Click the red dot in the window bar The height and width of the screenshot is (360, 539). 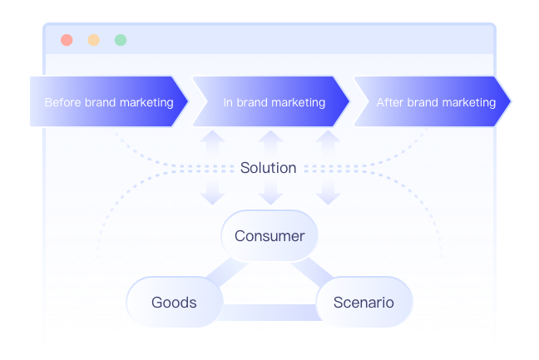pyautogui.click(x=67, y=40)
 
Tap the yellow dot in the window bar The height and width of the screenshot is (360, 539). pyautogui.click(x=93, y=40)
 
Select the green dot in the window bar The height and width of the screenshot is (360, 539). pyautogui.click(x=121, y=40)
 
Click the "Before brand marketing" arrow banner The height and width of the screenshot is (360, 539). pyautogui.click(x=109, y=101)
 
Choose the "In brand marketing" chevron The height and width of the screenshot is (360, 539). pyautogui.click(x=271, y=101)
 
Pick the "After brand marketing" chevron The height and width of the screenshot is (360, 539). pyautogui.click(x=433, y=101)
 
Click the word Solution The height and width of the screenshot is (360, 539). pyautogui.click(x=268, y=168)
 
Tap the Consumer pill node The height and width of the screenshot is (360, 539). pyautogui.click(x=269, y=236)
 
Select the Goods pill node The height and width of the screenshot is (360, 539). pyautogui.click(x=175, y=303)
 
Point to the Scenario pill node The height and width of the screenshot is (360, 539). pyautogui.click(x=364, y=303)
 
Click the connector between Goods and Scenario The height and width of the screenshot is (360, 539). pyautogui.click(x=269, y=313)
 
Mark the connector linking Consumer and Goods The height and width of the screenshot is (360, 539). pyautogui.click(x=227, y=272)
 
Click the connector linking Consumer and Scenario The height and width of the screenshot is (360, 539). pyautogui.click(x=312, y=272)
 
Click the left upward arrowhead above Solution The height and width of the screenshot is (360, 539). pyautogui.click(x=212, y=136)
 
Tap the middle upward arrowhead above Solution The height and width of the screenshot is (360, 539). pyautogui.click(x=270, y=136)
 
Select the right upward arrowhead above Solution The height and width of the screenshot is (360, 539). pyautogui.click(x=328, y=136)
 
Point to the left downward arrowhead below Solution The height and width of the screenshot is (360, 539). pyautogui.click(x=212, y=199)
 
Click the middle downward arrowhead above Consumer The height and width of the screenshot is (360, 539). pyautogui.click(x=270, y=199)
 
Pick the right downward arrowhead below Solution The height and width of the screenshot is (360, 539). pyautogui.click(x=328, y=199)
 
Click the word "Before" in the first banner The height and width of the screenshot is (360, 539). pyautogui.click(x=63, y=102)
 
